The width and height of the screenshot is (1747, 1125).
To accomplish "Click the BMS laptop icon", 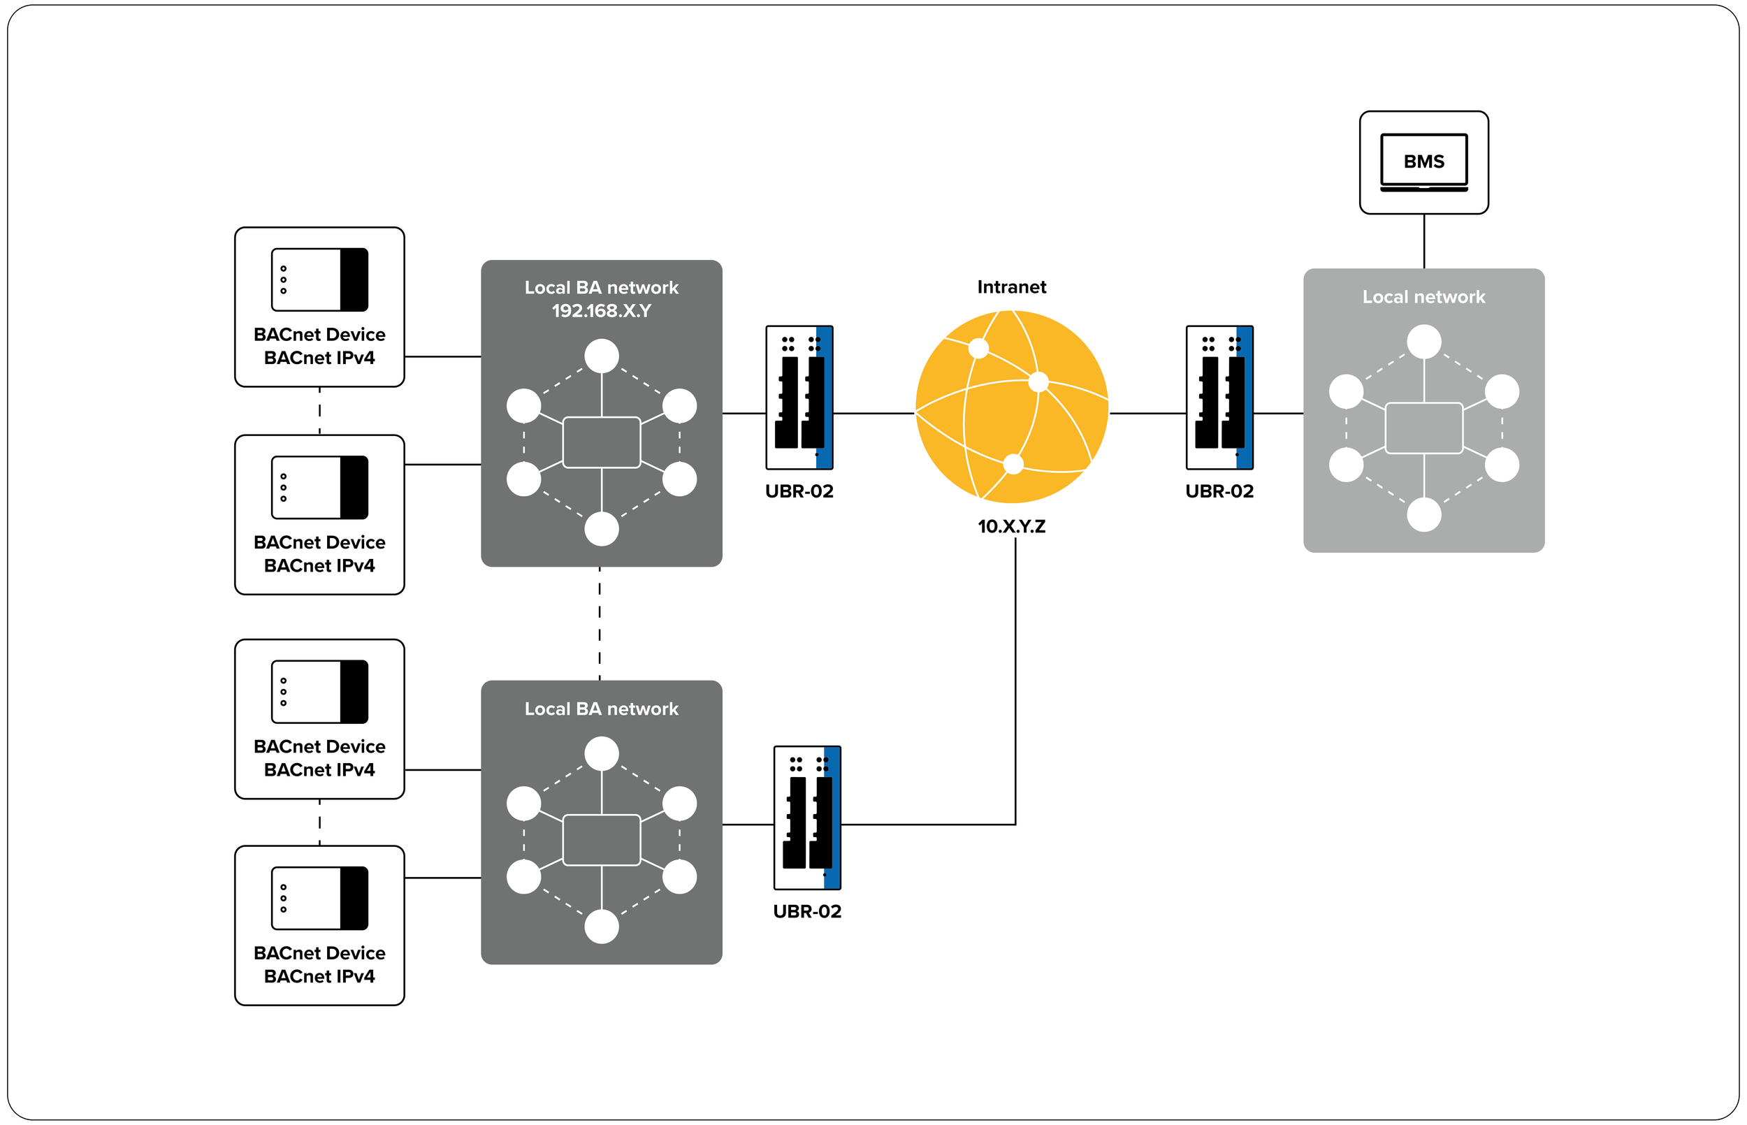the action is click(1423, 163).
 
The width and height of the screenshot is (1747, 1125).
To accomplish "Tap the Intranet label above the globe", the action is click(1012, 287).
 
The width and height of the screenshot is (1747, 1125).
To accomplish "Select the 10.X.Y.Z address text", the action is click(1012, 526).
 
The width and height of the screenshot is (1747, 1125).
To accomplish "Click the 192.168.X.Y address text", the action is click(601, 310).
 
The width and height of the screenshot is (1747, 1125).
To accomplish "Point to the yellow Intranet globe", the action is click(1012, 407).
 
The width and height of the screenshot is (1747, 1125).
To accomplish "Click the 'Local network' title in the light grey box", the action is click(1423, 296).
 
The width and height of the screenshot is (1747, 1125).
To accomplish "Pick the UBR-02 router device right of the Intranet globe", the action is click(1219, 398).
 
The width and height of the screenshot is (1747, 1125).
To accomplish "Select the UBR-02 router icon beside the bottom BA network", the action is click(807, 818).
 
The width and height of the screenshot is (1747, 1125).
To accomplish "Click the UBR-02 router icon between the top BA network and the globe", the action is click(799, 398).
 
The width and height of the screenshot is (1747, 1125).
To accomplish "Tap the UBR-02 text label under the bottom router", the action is click(807, 912).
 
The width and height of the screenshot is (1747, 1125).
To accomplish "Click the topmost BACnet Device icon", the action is click(319, 280).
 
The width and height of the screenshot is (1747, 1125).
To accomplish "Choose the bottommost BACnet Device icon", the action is click(319, 899).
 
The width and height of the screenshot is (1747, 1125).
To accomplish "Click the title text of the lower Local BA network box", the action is click(601, 709).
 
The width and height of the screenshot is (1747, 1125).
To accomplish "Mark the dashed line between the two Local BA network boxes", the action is click(600, 624).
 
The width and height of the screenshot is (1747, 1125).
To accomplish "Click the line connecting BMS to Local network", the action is click(1424, 241).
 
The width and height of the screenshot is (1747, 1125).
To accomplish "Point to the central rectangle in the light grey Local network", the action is click(1423, 428).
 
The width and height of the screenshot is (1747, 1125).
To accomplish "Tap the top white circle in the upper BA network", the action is click(601, 356).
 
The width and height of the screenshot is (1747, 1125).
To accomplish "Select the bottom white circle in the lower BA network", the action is click(601, 927).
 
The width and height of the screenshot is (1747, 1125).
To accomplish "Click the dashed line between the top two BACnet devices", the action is click(319, 412).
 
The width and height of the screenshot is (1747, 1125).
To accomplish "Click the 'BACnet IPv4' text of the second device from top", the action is click(319, 565).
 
